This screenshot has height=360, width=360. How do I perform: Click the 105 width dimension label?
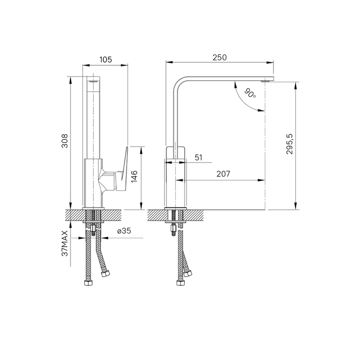[x=105, y=60]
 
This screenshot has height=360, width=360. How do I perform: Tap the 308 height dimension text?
[x=65, y=141]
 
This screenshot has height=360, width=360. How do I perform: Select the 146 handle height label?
[x=134, y=176]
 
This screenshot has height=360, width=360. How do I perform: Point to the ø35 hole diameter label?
[x=124, y=231]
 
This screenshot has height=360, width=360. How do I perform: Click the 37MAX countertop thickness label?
[x=65, y=243]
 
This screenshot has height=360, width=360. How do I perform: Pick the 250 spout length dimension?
[x=220, y=58]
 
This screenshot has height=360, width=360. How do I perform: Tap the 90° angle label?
[x=250, y=93]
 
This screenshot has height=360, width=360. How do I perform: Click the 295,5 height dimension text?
[x=290, y=144]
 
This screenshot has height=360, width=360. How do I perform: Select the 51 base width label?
[x=199, y=158]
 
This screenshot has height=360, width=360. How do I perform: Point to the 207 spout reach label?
[x=223, y=174]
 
